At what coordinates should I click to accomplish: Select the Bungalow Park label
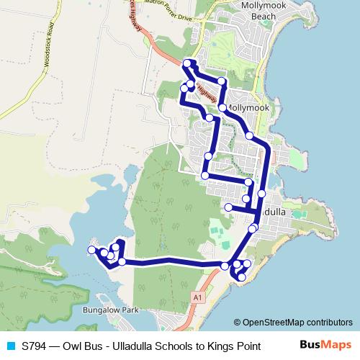(110, 310)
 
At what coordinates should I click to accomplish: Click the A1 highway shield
(196, 296)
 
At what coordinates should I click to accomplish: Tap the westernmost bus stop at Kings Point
(91, 250)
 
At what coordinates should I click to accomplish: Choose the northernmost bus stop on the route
(187, 63)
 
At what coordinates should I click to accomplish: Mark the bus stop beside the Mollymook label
(222, 108)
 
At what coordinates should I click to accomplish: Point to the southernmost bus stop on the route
(241, 277)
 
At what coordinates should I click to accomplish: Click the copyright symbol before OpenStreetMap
(238, 323)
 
